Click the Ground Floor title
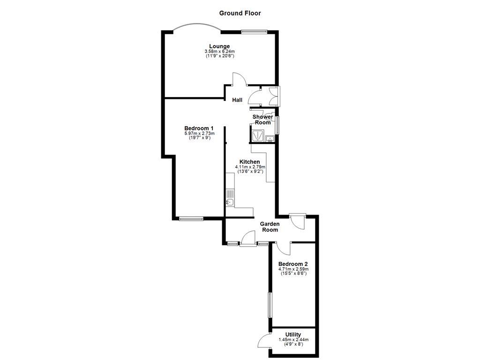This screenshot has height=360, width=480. (240, 13)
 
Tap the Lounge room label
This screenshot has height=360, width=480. (219, 46)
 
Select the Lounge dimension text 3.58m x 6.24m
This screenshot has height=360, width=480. (219, 51)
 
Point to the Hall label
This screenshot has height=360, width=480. (237, 100)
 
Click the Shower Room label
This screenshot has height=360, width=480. (262, 120)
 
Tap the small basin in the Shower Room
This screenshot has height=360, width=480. (270, 138)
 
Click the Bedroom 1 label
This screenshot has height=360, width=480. (199, 128)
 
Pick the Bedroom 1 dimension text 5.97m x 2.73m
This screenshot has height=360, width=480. (199, 134)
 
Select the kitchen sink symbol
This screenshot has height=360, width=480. (230, 202)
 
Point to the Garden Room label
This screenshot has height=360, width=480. (270, 227)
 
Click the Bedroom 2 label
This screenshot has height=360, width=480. (292, 264)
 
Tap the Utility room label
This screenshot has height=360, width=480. (293, 335)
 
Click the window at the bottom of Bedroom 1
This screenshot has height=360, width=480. (191, 218)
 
